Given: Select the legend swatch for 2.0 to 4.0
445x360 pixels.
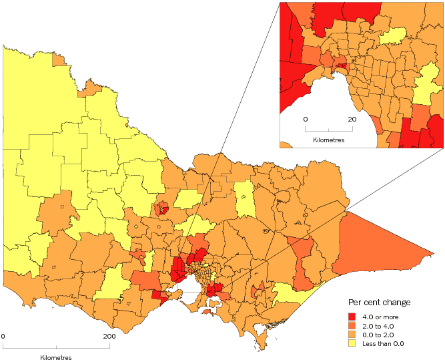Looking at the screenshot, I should (352, 326).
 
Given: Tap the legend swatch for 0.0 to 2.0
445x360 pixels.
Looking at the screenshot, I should (352, 335).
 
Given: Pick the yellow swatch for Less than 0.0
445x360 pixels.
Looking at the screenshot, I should (352, 344).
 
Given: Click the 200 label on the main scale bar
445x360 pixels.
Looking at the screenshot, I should (109, 336).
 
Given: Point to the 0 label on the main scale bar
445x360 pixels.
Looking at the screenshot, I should (3, 336).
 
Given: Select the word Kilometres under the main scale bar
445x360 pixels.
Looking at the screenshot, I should (56, 357).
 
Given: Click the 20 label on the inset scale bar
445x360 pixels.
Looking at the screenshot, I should (352, 118).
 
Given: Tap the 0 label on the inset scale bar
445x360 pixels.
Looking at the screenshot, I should (306, 118).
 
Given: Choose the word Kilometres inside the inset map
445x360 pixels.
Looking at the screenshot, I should (328, 140).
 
